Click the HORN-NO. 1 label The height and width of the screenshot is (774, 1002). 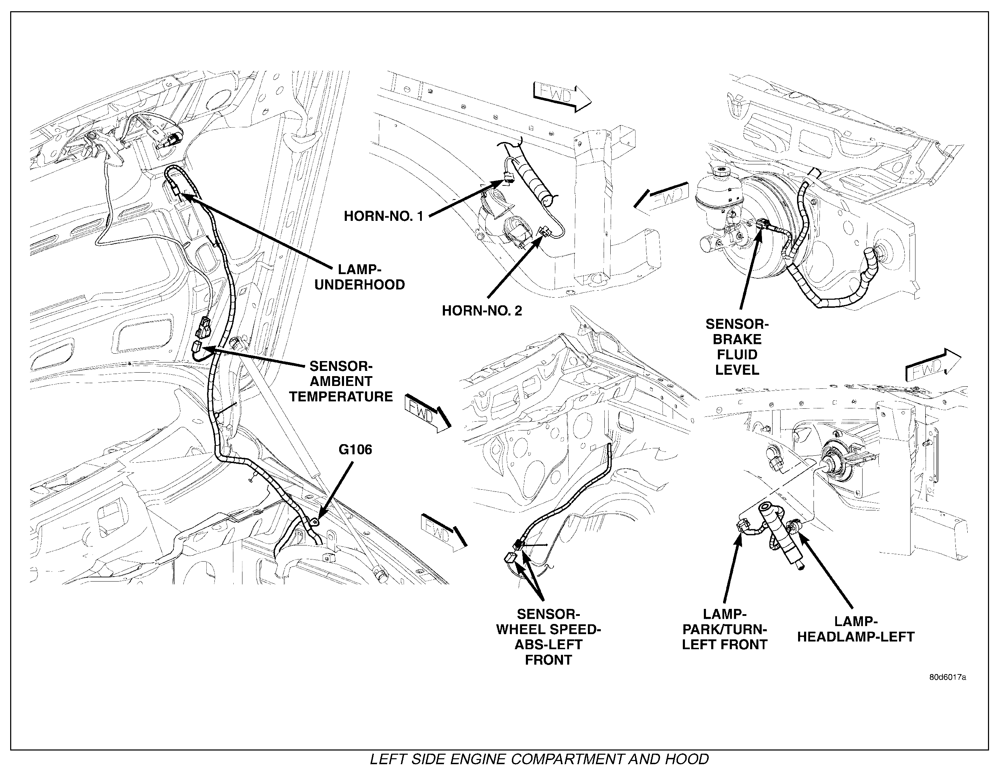[384, 216]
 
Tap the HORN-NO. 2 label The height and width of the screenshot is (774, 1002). [482, 311]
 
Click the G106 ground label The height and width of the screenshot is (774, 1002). [355, 449]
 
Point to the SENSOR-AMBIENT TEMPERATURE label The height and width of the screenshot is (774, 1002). [341, 381]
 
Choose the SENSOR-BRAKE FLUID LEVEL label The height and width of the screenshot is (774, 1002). [737, 347]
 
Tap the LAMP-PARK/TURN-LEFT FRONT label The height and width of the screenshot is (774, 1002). [725, 629]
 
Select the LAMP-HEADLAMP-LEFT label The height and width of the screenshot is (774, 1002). [856, 629]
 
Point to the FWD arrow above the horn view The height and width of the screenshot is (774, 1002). [562, 96]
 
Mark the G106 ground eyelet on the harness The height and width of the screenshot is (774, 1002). [316, 522]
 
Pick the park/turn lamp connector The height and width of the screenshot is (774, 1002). [742, 525]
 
